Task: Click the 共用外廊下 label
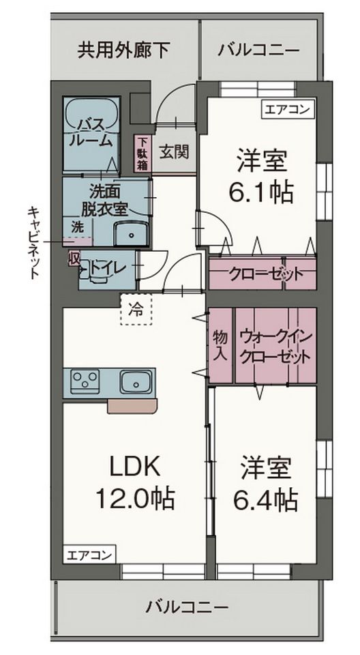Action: pyautogui.click(x=123, y=50)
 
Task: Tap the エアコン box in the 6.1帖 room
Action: pyautogui.click(x=288, y=110)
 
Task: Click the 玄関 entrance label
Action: pyautogui.click(x=174, y=151)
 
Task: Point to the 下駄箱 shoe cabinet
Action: pyautogui.click(x=142, y=154)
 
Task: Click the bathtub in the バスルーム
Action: pyautogui.click(x=92, y=133)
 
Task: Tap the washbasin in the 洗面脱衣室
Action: pyautogui.click(x=132, y=233)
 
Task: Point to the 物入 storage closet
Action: pyautogui.click(x=220, y=345)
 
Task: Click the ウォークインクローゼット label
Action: pyautogui.click(x=276, y=345)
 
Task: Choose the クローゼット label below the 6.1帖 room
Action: pyautogui.click(x=266, y=274)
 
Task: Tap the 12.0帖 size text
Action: pyautogui.click(x=135, y=498)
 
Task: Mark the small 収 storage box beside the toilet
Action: pyautogui.click(x=74, y=258)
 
